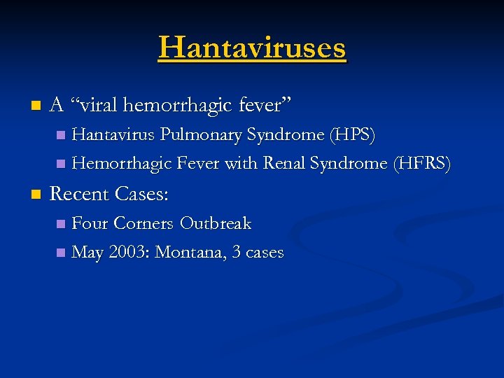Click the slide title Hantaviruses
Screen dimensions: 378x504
coord(252,48)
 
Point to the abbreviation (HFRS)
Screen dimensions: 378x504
coord(422,163)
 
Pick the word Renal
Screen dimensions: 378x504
coord(284,163)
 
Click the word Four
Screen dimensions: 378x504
coord(90,223)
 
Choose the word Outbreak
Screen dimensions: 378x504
coord(215,223)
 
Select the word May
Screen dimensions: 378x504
coord(87,253)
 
